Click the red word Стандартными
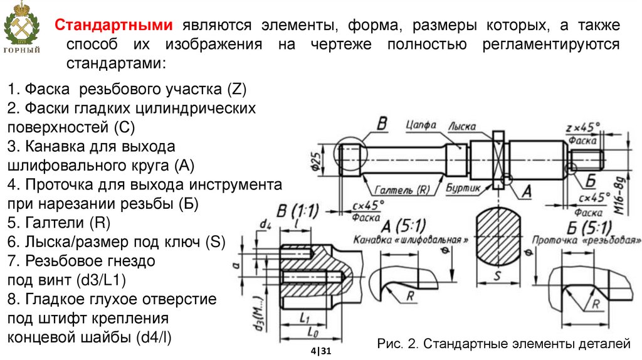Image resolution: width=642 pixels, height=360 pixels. (113, 25)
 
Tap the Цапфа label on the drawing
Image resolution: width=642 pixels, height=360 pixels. (421, 124)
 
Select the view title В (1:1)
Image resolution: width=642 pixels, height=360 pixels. (298, 209)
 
